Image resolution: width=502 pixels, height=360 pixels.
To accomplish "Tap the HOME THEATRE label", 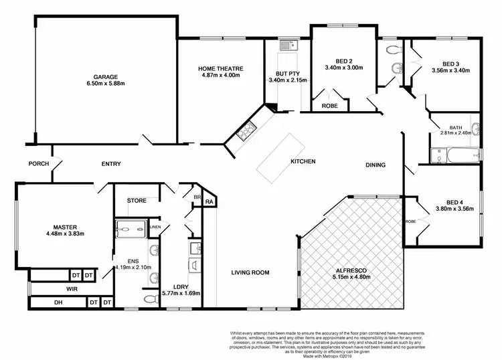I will tap(220, 69).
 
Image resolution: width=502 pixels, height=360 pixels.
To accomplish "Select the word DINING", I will tap(375, 165).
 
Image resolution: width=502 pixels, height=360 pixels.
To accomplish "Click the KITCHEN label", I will tap(303, 162).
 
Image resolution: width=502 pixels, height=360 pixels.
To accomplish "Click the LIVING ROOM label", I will tap(250, 272).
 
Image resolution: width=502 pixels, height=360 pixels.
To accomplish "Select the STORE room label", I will tap(137, 200).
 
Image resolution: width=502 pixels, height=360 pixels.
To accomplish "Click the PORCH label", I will tap(38, 163).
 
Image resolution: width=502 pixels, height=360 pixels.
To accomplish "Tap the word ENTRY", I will tap(111, 163).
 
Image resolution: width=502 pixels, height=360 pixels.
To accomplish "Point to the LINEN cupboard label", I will tap(155, 228).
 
